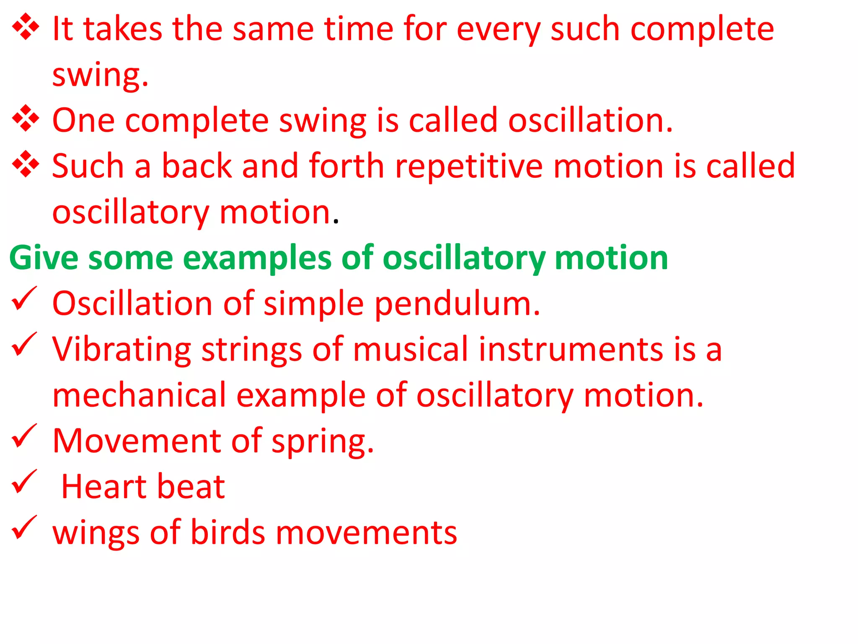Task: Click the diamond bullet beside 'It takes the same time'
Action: tap(26, 27)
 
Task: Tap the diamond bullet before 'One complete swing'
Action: tap(26, 118)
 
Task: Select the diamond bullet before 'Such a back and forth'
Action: tap(26, 164)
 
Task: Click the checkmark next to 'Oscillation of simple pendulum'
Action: tap(24, 299)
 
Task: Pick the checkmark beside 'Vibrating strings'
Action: tap(24, 344)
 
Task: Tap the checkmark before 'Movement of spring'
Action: tap(24, 436)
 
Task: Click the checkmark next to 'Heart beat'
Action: tap(24, 482)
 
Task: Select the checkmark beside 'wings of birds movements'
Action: tap(24, 527)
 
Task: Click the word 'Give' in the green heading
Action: tap(44, 257)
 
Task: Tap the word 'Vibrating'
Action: tap(121, 350)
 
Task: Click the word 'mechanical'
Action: tap(139, 395)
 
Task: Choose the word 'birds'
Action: tap(228, 532)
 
